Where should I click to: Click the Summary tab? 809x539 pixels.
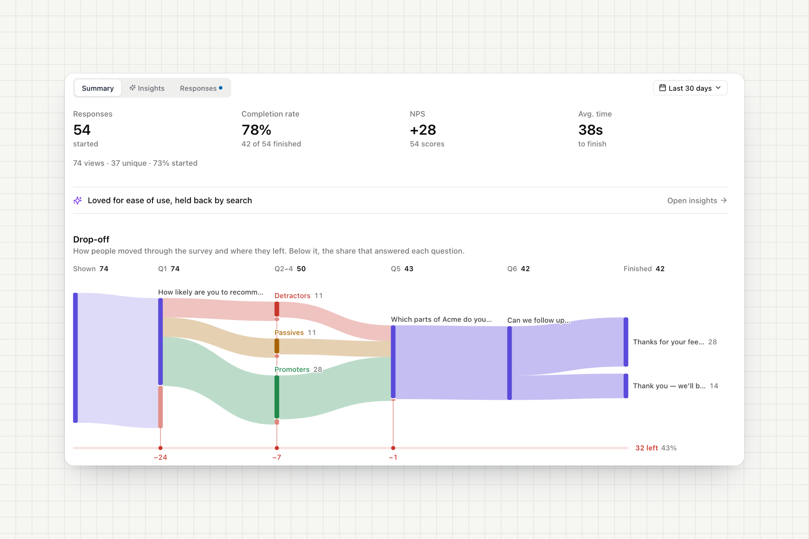pyautogui.click(x=98, y=88)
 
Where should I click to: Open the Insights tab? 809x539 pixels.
pyautogui.click(x=147, y=88)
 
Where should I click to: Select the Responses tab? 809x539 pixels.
pyautogui.click(x=201, y=88)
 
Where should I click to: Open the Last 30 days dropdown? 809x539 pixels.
pyautogui.click(x=690, y=88)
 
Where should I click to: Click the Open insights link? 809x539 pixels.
pyautogui.click(x=697, y=200)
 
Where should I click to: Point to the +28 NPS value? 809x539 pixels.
pyautogui.click(x=423, y=130)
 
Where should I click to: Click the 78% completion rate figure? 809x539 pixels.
pyautogui.click(x=256, y=130)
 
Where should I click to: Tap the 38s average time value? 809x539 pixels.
pyautogui.click(x=590, y=130)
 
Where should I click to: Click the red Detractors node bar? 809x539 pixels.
pyautogui.click(x=277, y=309)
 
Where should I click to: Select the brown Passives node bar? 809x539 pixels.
pyautogui.click(x=277, y=346)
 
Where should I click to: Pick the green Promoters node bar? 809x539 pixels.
pyautogui.click(x=277, y=397)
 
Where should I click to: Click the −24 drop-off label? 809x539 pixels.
pyautogui.click(x=160, y=457)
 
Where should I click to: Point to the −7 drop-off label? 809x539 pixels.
pyautogui.click(x=277, y=457)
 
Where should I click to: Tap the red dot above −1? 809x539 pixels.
pyautogui.click(x=393, y=448)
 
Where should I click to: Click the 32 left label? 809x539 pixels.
pyautogui.click(x=647, y=448)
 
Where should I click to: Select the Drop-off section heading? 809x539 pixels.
pyautogui.click(x=91, y=239)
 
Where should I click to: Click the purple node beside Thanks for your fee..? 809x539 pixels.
pyautogui.click(x=626, y=342)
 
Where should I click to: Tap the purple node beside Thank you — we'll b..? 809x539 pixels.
pyautogui.click(x=626, y=386)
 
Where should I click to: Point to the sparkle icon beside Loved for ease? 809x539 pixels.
pyautogui.click(x=78, y=200)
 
